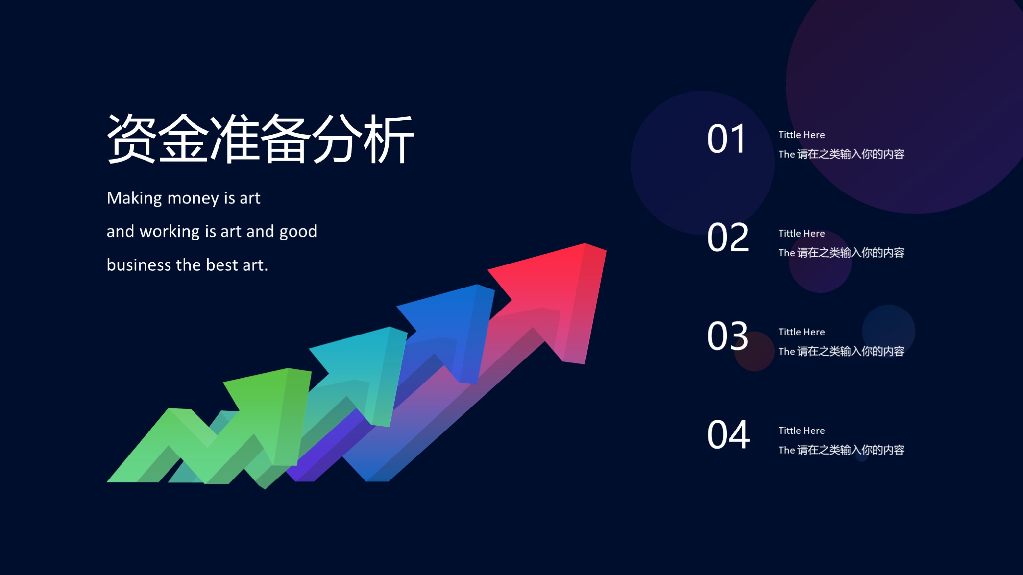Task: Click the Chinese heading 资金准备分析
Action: point(260,139)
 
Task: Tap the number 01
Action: point(727,139)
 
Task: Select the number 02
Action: point(728,238)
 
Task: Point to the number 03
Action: point(728,336)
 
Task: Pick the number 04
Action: point(728,435)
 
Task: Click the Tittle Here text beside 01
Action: point(802,135)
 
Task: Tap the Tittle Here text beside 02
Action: point(802,233)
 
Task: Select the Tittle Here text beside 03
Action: point(802,332)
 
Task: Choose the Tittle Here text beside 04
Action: point(802,431)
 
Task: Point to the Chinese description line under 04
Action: point(841,450)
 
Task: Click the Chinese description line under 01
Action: point(841,154)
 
